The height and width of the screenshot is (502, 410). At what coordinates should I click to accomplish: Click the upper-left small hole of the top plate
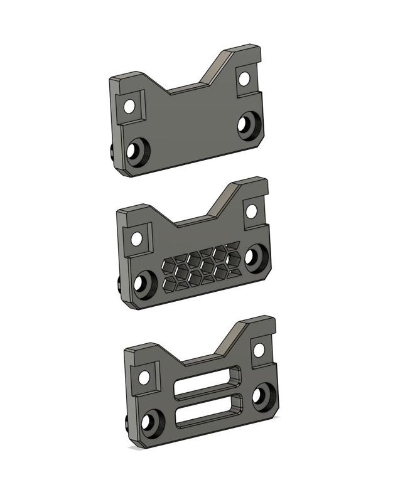pyautogui.click(x=129, y=105)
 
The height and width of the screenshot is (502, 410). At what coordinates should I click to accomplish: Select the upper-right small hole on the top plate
pyautogui.click(x=244, y=79)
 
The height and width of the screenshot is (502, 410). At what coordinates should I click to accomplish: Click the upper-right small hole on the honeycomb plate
pyautogui.click(x=251, y=211)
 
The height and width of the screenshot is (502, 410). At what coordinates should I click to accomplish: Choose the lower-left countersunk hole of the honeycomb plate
pyautogui.click(x=143, y=284)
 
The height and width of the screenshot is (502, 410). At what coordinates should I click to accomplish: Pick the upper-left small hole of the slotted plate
pyautogui.click(x=144, y=378)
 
